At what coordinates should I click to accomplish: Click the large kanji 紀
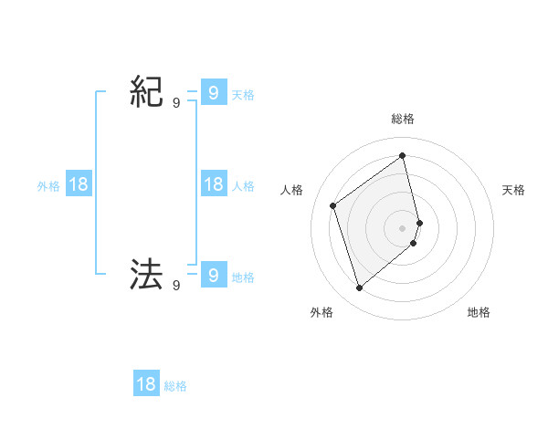(x=147, y=93)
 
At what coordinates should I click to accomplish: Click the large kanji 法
(x=147, y=274)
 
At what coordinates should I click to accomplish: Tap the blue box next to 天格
(x=213, y=93)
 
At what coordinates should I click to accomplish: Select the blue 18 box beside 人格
(x=213, y=184)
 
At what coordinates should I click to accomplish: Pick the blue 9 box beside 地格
(x=213, y=274)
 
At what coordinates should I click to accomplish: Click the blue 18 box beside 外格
(x=79, y=184)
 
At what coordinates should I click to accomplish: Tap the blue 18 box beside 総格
(x=146, y=384)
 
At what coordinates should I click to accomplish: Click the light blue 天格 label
(x=243, y=94)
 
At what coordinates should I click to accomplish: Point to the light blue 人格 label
(x=243, y=185)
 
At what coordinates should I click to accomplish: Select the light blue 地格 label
(x=243, y=277)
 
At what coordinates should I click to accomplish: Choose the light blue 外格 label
(x=48, y=185)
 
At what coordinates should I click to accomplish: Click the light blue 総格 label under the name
(x=175, y=386)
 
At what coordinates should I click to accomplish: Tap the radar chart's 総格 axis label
(x=403, y=119)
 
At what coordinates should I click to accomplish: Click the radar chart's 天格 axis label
(x=514, y=190)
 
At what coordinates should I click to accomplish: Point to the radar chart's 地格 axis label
(x=479, y=312)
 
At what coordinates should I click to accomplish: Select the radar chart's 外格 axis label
(x=321, y=312)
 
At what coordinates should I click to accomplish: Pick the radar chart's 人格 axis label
(x=291, y=190)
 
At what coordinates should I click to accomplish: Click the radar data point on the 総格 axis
(x=403, y=155)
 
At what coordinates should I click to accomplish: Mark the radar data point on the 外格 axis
(x=360, y=288)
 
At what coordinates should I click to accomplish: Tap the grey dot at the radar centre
(x=403, y=227)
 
